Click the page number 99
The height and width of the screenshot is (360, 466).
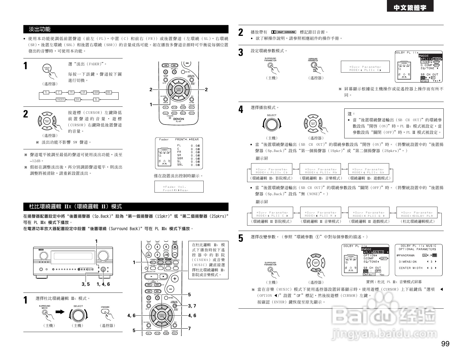445,344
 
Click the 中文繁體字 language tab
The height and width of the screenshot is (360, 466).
410,8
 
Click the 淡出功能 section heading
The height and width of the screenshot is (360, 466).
40,29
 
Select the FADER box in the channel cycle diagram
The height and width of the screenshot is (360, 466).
60,99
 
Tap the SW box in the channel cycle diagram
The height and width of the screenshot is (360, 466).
77,99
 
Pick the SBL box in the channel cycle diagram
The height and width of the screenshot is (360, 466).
108,92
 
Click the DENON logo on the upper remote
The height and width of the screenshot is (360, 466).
178,119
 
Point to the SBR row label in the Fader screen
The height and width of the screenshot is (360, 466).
180,158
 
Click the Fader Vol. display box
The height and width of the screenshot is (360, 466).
179,188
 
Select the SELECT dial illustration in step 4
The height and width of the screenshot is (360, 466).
271,124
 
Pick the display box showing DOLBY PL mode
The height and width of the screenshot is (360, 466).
417,214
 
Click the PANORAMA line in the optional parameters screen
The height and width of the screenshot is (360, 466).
407,255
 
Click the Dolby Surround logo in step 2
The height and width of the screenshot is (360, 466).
284,32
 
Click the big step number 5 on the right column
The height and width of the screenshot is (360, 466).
241,238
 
